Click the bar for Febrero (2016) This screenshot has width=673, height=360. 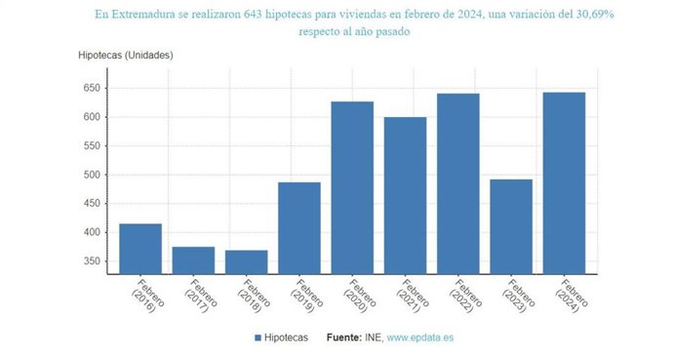(x=140, y=249)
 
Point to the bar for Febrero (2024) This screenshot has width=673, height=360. (x=564, y=183)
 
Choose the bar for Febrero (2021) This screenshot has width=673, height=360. (x=405, y=195)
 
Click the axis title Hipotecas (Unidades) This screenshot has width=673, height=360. (x=125, y=55)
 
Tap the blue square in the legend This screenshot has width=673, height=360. (x=257, y=339)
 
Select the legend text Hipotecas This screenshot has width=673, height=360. (x=290, y=339)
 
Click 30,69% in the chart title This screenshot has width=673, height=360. (x=596, y=16)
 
